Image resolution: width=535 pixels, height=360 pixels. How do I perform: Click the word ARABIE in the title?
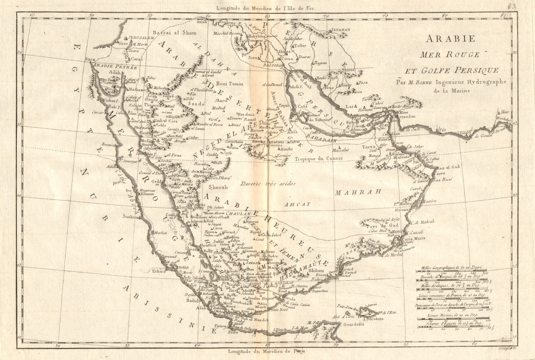click(450, 39)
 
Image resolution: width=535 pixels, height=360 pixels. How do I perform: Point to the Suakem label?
click(130, 217)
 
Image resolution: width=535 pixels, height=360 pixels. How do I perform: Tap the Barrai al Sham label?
click(174, 33)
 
